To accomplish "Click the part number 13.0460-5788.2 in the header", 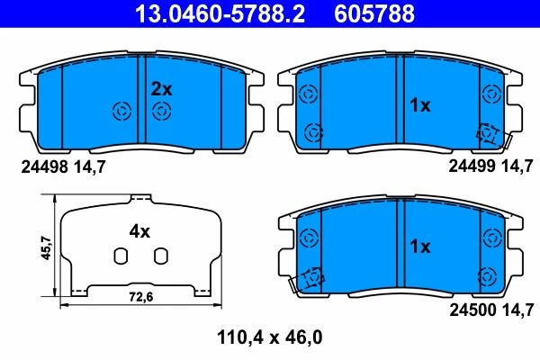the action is tap(220, 13).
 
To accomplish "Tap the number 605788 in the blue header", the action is tap(374, 13).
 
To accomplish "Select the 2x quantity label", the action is tap(161, 90).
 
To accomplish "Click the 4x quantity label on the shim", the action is tap(139, 231).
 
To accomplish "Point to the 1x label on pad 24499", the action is tap(419, 105).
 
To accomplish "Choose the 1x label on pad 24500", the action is tap(419, 247).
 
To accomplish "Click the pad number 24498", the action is tap(44, 167).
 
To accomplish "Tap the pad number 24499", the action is tap(472, 166).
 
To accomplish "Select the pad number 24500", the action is tap(472, 310).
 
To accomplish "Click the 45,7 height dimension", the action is tap(46, 247).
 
